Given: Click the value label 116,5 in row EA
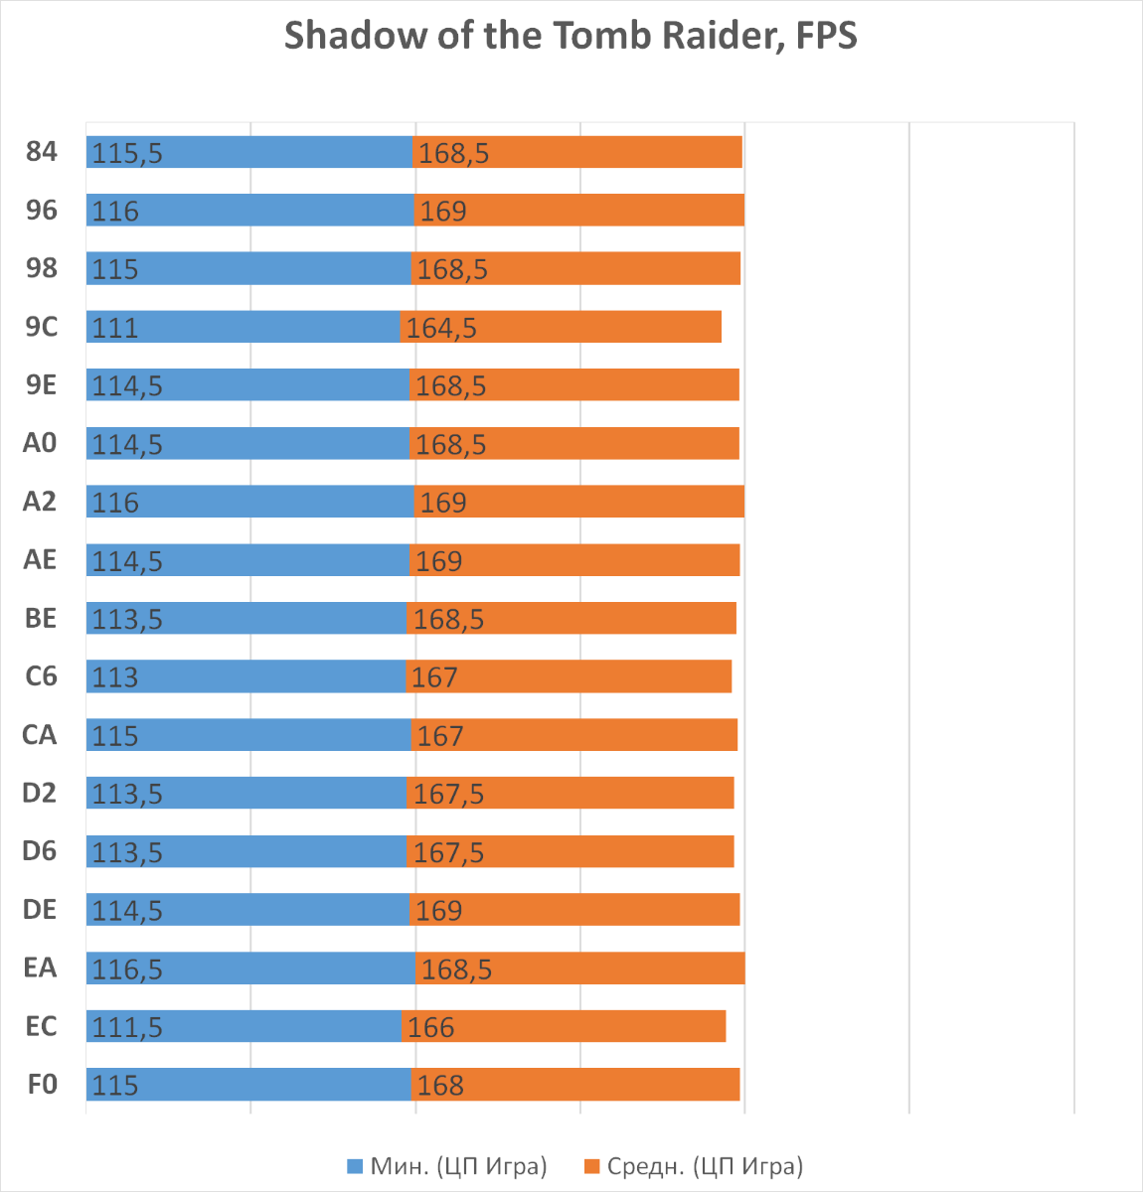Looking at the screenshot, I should [127, 969].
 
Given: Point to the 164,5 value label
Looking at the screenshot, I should [441, 328].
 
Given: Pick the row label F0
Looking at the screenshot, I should [42, 1084].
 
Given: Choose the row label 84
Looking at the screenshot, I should [42, 152].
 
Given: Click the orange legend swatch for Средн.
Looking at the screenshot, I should [591, 1166].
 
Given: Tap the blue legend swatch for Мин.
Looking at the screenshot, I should [355, 1166].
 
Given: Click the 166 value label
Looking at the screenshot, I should [430, 1027].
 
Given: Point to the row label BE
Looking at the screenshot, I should [41, 618].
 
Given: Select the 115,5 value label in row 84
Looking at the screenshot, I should [127, 153].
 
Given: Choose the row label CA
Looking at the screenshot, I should [40, 735].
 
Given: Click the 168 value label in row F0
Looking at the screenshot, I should [440, 1086].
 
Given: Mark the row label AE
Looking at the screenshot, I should [40, 560].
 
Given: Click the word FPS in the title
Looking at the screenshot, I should [826, 36].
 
